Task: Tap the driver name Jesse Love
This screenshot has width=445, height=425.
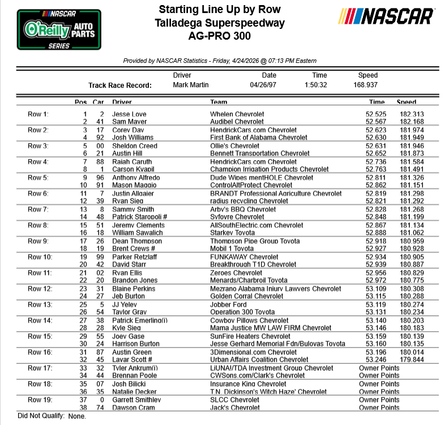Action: click(129, 114)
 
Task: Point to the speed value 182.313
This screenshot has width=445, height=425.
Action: click(411, 114)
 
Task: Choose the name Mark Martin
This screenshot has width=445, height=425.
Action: click(191, 85)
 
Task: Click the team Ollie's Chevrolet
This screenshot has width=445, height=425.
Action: click(234, 145)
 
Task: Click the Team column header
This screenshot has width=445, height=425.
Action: click(219, 102)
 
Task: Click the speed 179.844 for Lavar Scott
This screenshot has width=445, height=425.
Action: click(411, 359)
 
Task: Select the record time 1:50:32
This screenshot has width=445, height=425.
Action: click(319, 85)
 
